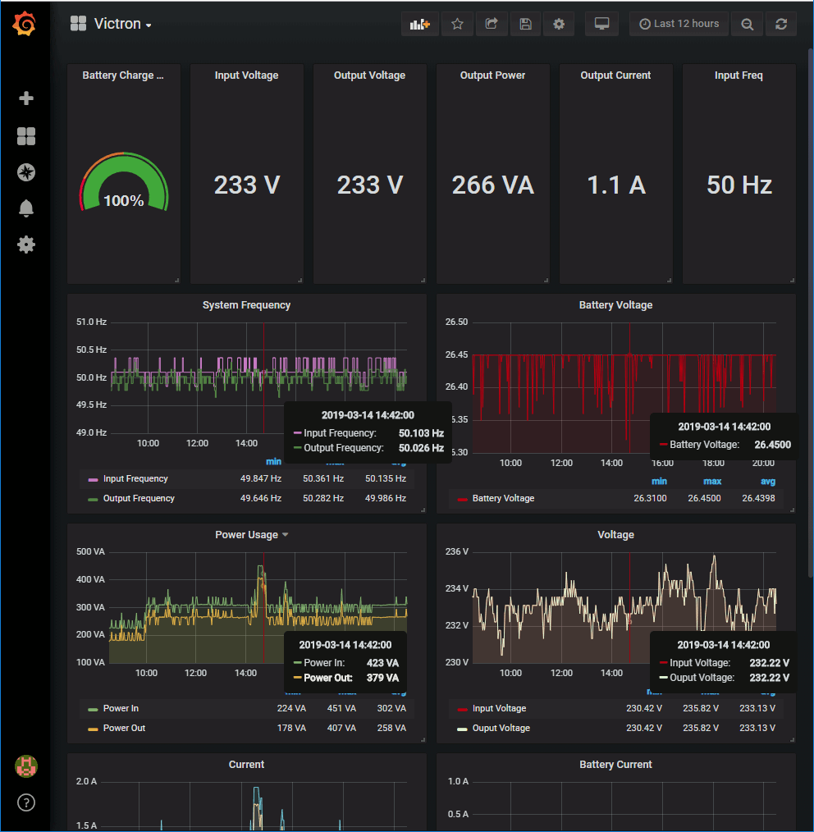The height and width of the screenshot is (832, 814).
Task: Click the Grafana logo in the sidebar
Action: tap(25, 25)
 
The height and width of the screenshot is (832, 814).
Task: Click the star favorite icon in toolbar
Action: tap(457, 24)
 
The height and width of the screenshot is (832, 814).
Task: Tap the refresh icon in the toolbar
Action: tap(780, 24)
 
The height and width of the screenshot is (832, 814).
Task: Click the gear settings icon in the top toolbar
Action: tap(559, 24)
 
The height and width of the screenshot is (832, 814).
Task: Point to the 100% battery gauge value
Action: tap(124, 200)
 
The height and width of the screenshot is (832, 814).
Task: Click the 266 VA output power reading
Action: tap(492, 185)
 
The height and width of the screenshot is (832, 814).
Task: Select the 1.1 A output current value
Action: tap(615, 185)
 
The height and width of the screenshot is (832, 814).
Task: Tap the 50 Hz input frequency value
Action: tap(739, 185)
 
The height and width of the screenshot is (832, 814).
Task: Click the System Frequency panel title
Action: tap(246, 304)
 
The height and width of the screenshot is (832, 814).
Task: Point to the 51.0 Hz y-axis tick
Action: tap(90, 322)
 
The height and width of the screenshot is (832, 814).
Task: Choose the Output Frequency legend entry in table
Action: tap(138, 498)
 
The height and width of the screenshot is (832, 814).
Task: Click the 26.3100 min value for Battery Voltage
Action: tap(649, 498)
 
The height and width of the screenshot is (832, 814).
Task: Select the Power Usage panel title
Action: tap(246, 534)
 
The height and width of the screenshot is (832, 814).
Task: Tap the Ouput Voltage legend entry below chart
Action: tap(501, 728)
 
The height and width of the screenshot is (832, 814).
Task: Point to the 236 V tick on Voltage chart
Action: tap(456, 551)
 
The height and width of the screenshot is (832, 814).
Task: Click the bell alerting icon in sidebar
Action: tap(26, 208)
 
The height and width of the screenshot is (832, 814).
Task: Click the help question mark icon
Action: tap(26, 802)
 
